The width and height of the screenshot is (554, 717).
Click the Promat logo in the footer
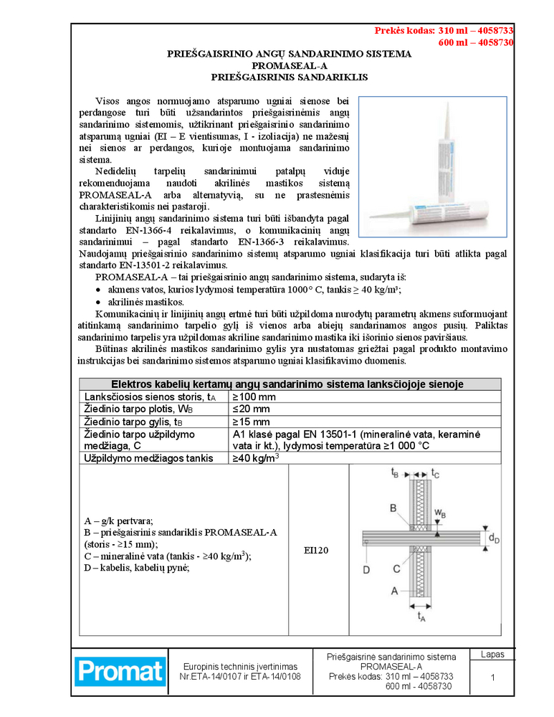[x=120, y=671]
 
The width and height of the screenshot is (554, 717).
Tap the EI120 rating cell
[x=318, y=550]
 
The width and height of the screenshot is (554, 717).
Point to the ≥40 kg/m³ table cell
[x=256, y=457]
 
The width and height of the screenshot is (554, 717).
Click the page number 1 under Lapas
[x=492, y=678]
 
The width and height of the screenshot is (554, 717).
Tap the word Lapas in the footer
[x=492, y=655]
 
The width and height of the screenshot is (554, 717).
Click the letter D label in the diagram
[x=366, y=570]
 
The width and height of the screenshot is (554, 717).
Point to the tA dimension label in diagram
[x=421, y=615]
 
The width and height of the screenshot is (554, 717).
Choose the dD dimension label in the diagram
[x=494, y=538]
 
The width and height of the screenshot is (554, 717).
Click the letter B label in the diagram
[x=393, y=508]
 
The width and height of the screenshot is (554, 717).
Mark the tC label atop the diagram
[x=436, y=473]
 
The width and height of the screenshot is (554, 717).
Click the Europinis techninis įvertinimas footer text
[x=240, y=666]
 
